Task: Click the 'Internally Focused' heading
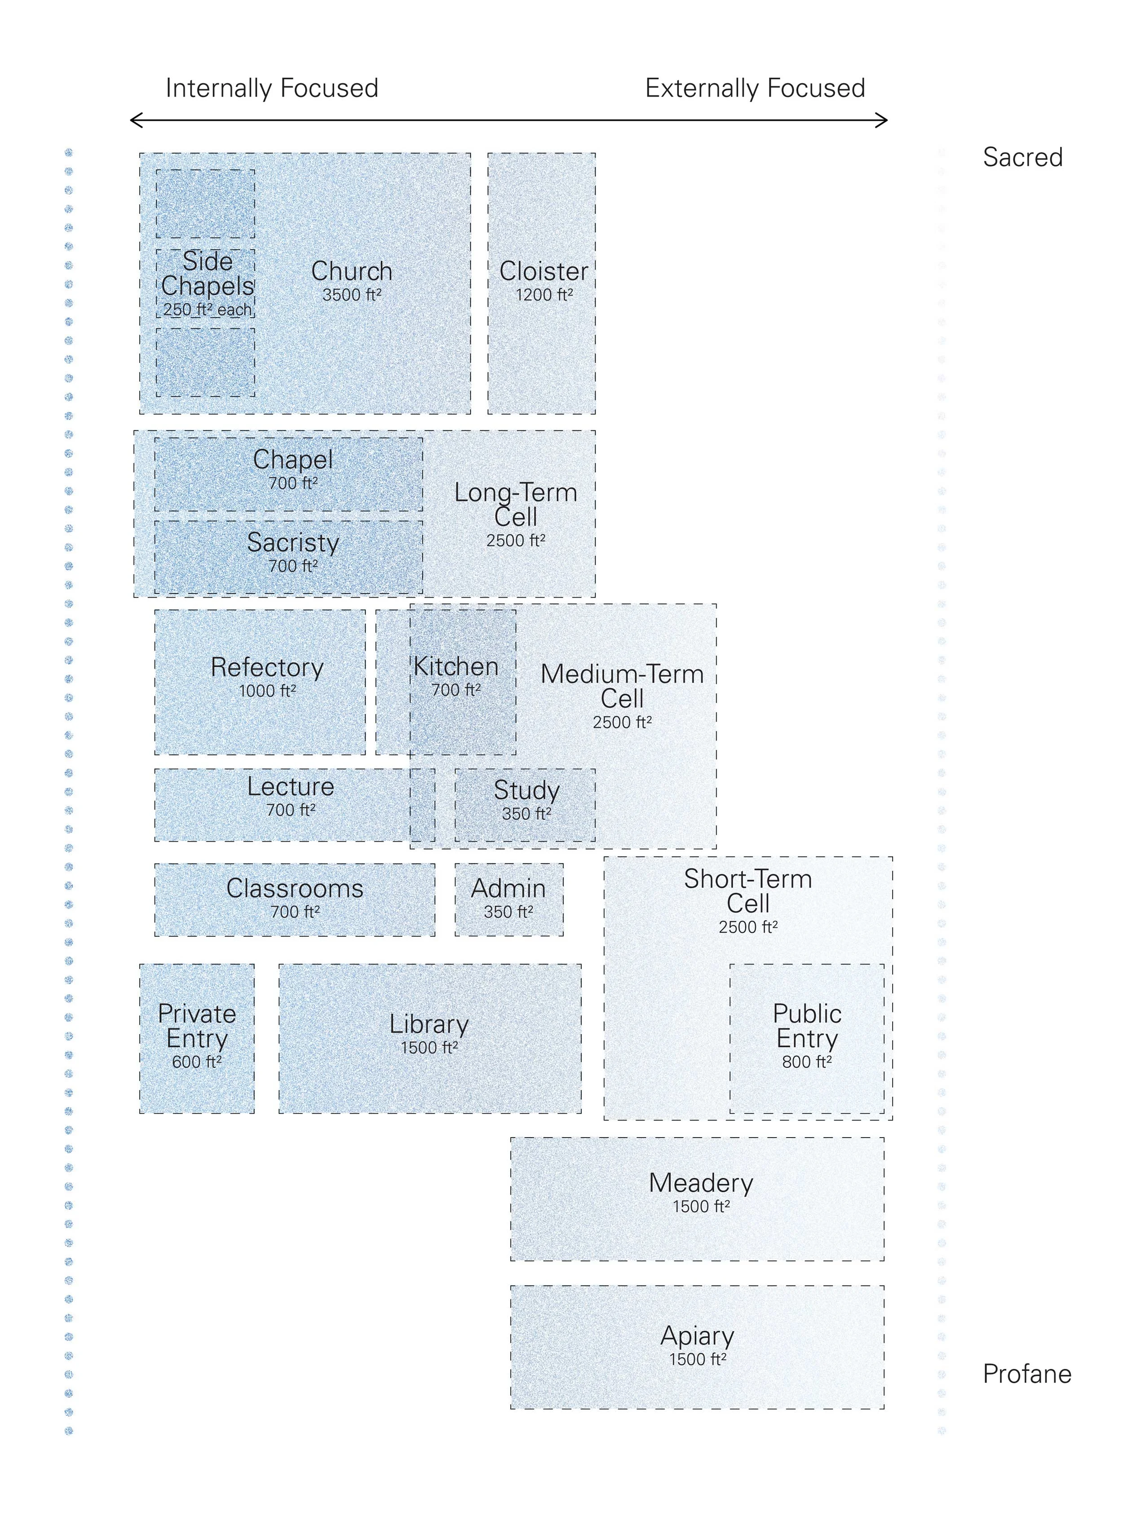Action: coord(272,89)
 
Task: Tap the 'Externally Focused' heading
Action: coord(755,89)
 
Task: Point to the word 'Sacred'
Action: coord(1022,158)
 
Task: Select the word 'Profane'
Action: coord(1026,1374)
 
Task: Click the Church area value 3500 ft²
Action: coord(351,295)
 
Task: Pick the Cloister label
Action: coord(544,271)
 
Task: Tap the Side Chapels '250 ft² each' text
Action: coord(208,310)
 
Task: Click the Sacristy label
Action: coord(293,542)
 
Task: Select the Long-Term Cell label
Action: coord(516,505)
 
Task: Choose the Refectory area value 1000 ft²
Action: coord(267,691)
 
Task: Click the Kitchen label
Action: coord(456,667)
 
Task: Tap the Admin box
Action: coord(509,899)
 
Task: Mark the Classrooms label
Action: coord(295,888)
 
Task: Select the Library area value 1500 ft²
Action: coord(429,1047)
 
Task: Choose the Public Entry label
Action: coord(807,1026)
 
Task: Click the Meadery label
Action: coord(701,1183)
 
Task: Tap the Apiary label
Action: coord(698,1336)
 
